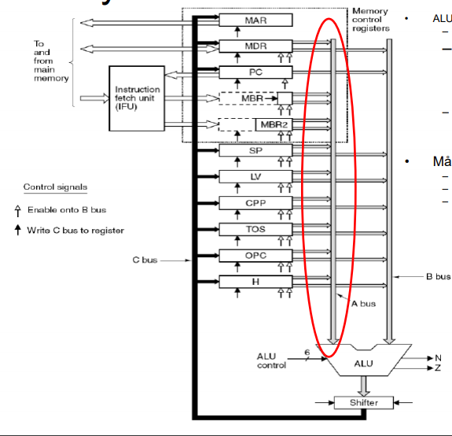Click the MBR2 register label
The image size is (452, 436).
pos(274,125)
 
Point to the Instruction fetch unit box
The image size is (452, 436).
pos(138,98)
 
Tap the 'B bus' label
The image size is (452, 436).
pos(438,276)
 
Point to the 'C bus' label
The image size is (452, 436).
pos(146,258)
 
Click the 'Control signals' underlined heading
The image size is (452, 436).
pos(55,187)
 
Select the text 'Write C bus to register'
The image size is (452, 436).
pos(75,230)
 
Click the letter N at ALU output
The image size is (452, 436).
pos(438,357)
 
